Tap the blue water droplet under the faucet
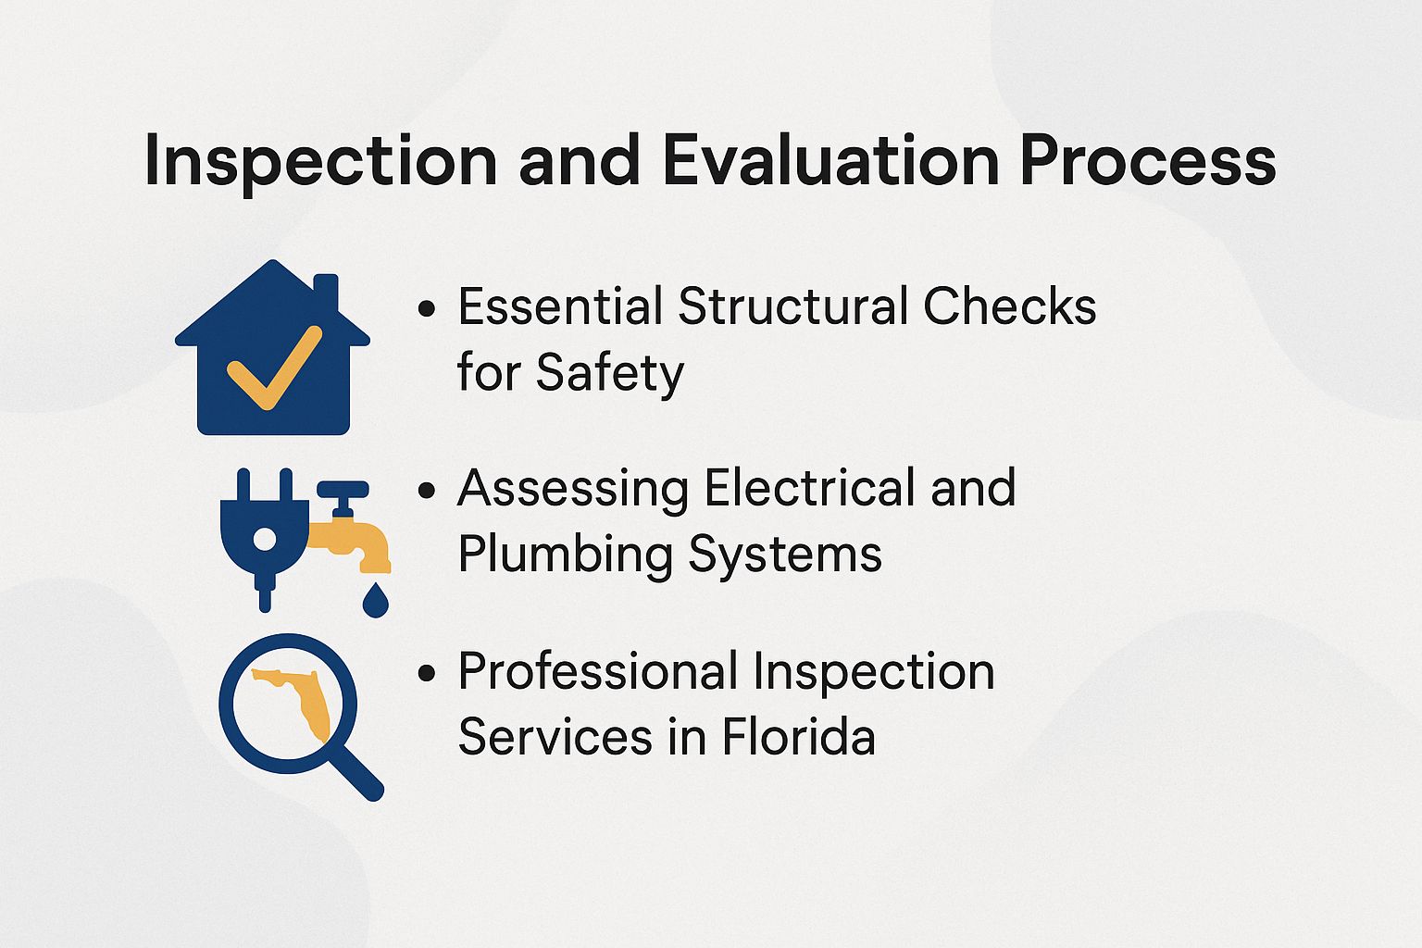coord(375,599)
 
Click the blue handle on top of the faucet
coord(343,489)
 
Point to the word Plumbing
coord(565,555)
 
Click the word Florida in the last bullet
coord(798,738)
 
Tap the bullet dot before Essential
coord(426,309)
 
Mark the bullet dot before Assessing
coord(426,491)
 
